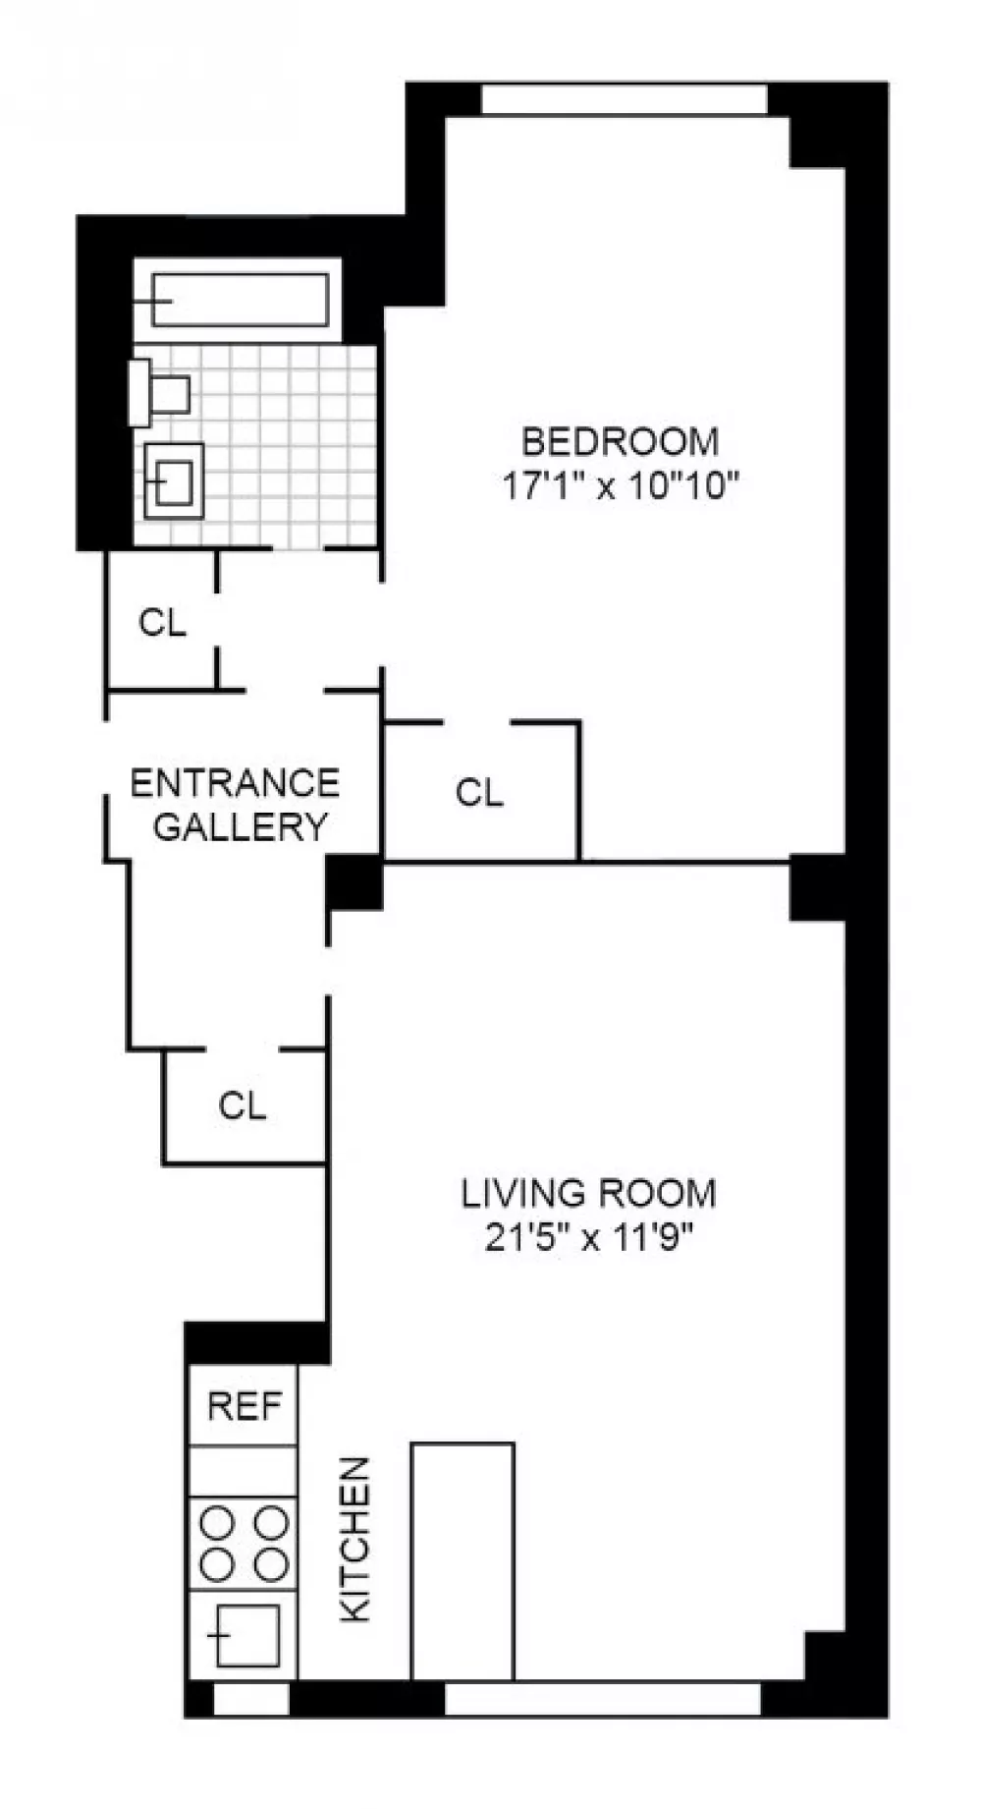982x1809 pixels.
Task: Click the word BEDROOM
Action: pos(620,442)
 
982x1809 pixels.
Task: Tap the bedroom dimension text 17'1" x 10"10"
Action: pos(620,485)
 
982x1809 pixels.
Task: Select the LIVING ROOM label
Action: pos(589,1193)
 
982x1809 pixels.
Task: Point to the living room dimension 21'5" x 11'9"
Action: pos(589,1237)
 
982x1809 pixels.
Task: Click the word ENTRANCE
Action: pos(235,783)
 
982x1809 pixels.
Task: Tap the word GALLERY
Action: pos(240,826)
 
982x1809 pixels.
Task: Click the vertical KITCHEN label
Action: pos(355,1539)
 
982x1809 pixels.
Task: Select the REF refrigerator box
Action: pos(243,1405)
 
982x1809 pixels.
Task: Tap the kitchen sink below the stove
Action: pos(243,1634)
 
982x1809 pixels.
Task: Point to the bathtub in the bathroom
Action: pos(239,300)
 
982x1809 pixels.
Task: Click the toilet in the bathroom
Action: pos(159,393)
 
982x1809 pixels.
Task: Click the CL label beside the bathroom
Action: pos(162,622)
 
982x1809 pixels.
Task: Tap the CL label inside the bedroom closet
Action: pos(479,792)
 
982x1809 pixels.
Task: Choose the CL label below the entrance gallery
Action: pos(243,1105)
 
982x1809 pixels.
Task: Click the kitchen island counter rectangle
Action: pos(463,1561)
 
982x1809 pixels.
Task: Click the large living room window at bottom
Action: pos(603,1700)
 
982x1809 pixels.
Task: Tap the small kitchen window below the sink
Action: pos(251,1700)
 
